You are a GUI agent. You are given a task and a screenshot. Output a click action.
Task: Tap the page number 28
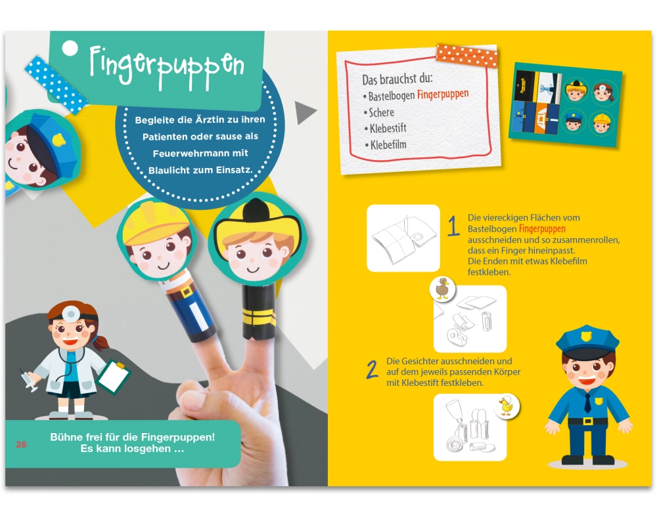21,445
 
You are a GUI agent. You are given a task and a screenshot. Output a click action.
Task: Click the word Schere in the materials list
381,112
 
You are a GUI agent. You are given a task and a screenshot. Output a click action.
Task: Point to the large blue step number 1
453,226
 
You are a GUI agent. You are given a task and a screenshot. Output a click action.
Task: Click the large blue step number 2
372,369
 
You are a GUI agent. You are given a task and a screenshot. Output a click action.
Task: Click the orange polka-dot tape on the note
466,56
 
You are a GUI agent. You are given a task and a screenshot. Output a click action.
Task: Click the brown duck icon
442,289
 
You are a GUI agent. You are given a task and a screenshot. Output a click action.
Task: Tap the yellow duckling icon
506,406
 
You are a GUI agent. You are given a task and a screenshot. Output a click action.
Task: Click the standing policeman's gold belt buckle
588,421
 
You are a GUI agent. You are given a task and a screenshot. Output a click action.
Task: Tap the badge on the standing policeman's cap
586,336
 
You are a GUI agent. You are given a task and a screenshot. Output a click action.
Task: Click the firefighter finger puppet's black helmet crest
254,211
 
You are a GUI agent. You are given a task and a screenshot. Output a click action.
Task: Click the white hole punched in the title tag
70,49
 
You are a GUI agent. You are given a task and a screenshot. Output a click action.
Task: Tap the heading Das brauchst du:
397,78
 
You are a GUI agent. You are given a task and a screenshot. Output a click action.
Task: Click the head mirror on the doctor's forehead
71,314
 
